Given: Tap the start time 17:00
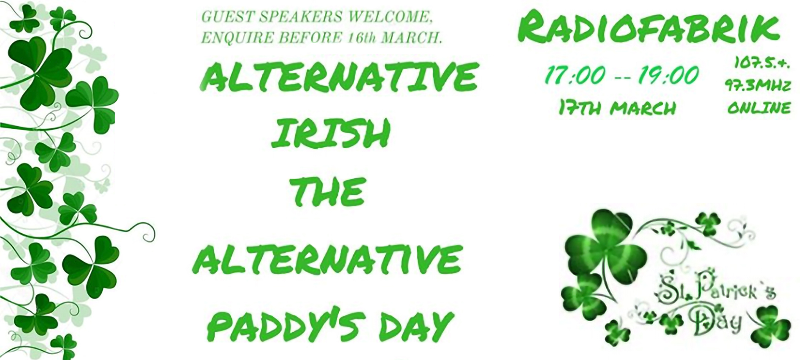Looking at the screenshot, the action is [575, 75].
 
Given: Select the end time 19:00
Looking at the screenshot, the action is [668, 75].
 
